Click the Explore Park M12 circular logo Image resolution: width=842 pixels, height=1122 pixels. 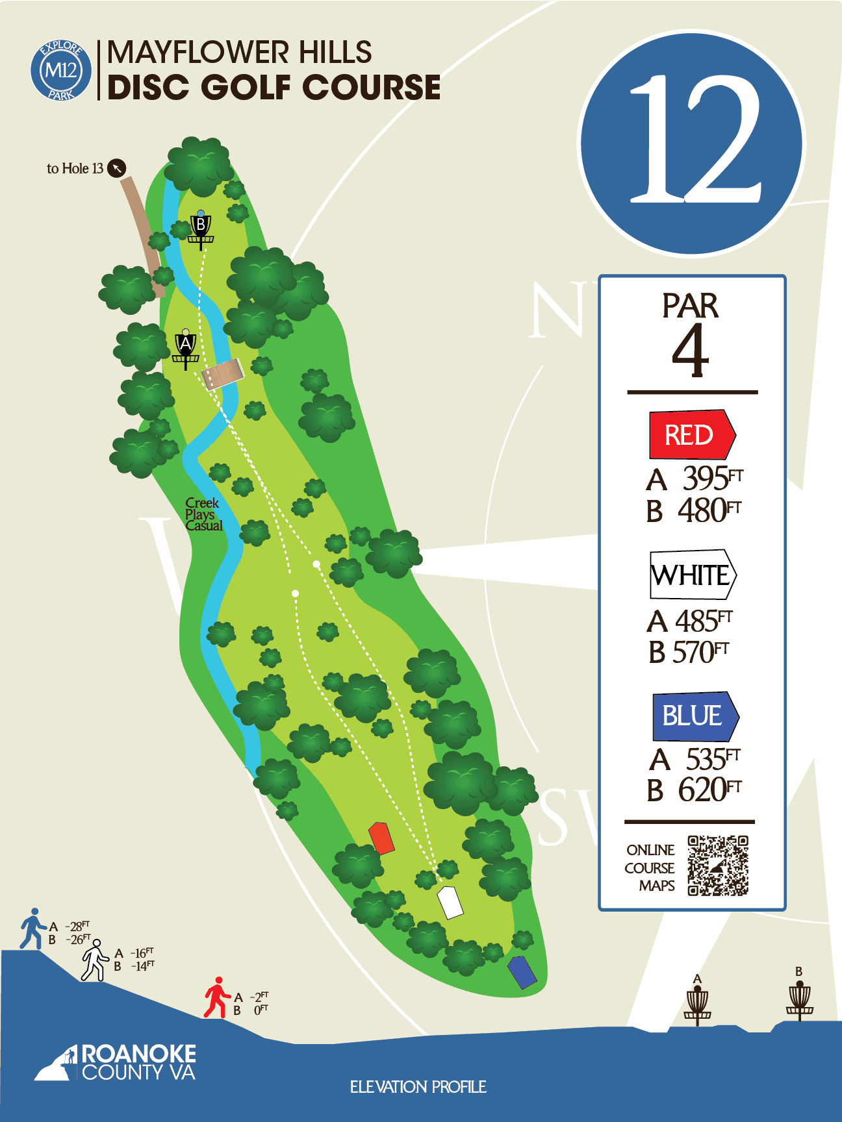61,70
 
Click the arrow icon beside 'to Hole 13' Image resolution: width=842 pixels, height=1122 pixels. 116,168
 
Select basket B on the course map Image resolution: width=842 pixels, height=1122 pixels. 201,229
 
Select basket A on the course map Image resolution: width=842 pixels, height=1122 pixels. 186,349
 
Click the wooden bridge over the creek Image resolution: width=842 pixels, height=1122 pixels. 223,374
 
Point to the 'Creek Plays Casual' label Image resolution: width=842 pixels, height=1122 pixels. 203,514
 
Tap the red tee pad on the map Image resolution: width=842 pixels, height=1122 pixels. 381,838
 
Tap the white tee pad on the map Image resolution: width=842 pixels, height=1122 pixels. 450,902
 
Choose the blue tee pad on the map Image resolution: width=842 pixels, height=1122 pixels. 522,972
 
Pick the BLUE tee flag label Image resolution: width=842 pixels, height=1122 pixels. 695,716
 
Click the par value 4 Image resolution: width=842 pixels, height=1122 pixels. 689,351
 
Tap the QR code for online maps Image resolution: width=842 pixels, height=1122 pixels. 718,866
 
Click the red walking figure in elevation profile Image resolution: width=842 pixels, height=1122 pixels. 217,997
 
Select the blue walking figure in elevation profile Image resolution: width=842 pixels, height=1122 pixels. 32,929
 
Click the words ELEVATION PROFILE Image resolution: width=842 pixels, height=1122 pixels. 418,1087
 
